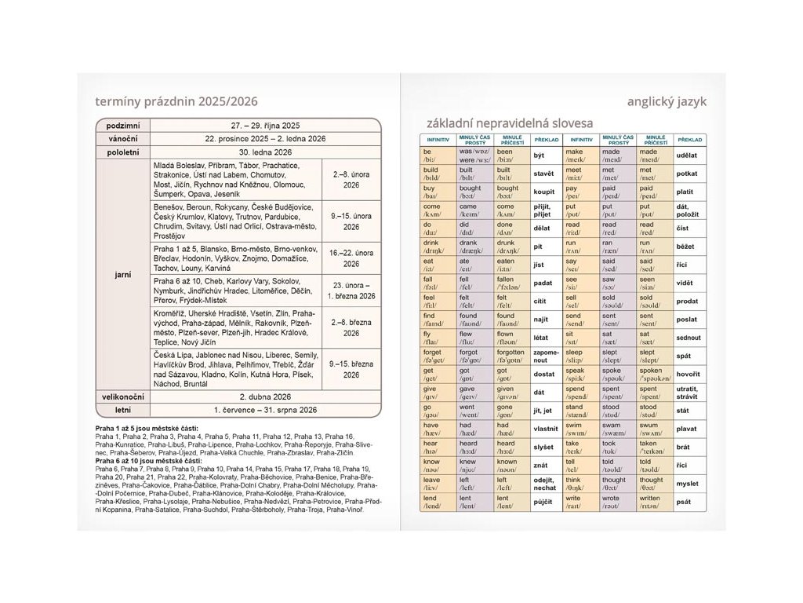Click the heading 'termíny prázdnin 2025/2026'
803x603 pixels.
point(176,101)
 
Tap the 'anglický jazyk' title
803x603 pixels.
point(667,101)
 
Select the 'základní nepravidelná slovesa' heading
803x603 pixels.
point(510,122)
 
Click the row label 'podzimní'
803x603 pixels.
point(122,125)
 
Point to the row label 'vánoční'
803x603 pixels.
point(122,138)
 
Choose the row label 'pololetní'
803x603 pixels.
point(122,152)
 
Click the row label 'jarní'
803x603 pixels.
point(122,274)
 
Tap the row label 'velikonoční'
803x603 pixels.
point(122,397)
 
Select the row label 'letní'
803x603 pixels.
point(122,410)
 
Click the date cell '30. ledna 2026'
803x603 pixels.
point(265,152)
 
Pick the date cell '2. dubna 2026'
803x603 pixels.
point(265,397)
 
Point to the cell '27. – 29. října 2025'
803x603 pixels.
point(265,125)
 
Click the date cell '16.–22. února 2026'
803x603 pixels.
point(351,258)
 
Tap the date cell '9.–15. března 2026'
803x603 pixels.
point(351,369)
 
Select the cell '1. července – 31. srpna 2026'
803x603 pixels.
point(265,410)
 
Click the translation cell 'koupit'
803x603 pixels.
point(543,191)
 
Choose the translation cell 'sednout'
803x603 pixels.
point(689,337)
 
